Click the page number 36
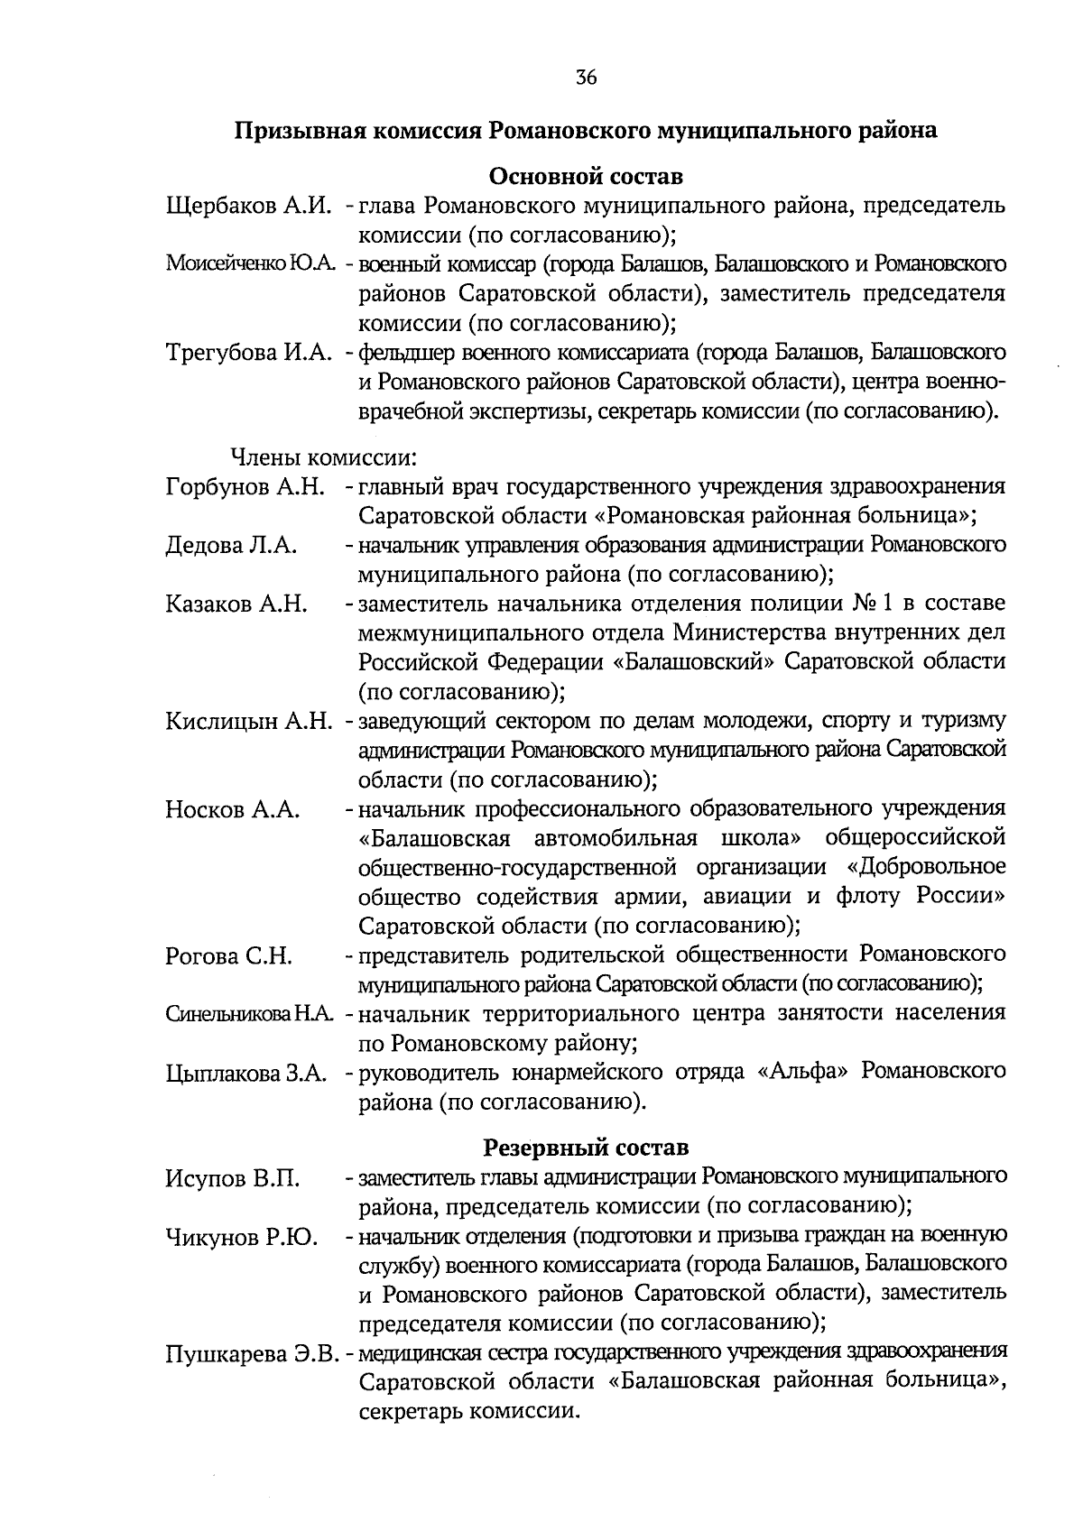(x=586, y=78)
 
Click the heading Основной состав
(x=586, y=175)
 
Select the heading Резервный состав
(x=586, y=1148)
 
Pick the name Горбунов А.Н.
(x=245, y=487)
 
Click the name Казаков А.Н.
(x=236, y=604)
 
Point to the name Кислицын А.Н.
(x=250, y=722)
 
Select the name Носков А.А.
(x=232, y=809)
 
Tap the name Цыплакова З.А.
(x=245, y=1074)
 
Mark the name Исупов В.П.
(x=233, y=1178)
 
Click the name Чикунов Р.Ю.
(x=241, y=1237)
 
